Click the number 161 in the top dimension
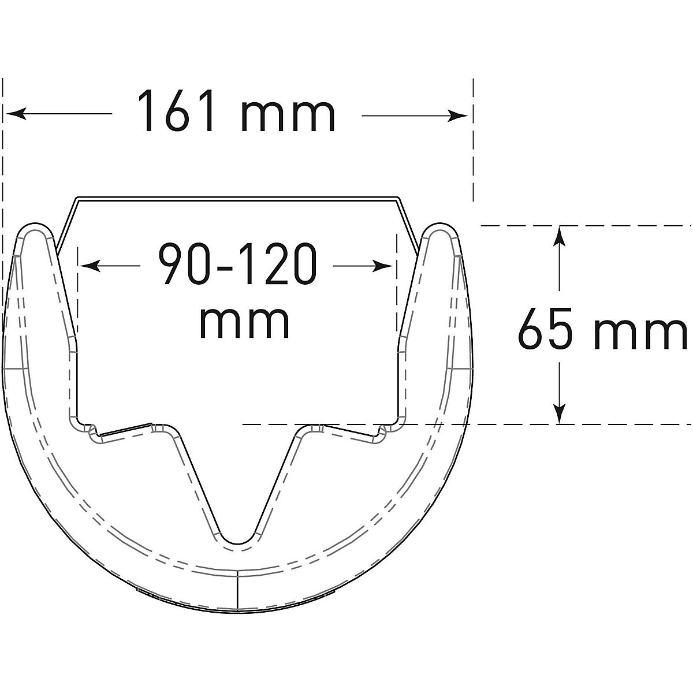point(176,111)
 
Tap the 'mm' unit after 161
point(288,116)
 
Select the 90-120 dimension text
point(238,264)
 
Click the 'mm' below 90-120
point(244,322)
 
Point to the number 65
point(545,328)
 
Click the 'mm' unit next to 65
point(640,333)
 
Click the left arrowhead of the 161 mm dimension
point(17,114)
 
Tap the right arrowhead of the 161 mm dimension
point(457,116)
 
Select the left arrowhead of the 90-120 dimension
point(90,266)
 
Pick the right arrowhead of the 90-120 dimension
point(382,266)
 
